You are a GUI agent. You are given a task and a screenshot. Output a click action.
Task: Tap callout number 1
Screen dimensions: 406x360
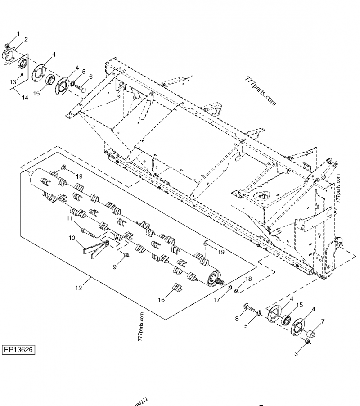click(x=18, y=34)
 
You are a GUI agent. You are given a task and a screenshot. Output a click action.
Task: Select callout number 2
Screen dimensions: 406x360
click(x=26, y=40)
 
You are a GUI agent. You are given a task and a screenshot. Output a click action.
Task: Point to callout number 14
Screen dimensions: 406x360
click(x=25, y=97)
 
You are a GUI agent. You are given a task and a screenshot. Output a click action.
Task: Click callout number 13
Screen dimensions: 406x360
click(x=13, y=81)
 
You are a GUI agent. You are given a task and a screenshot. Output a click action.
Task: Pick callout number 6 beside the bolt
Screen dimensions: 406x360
click(x=90, y=77)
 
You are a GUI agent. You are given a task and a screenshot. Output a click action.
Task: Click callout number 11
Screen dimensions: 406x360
click(x=70, y=218)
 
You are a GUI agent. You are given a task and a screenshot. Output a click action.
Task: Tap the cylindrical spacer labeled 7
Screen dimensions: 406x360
click(x=312, y=334)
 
